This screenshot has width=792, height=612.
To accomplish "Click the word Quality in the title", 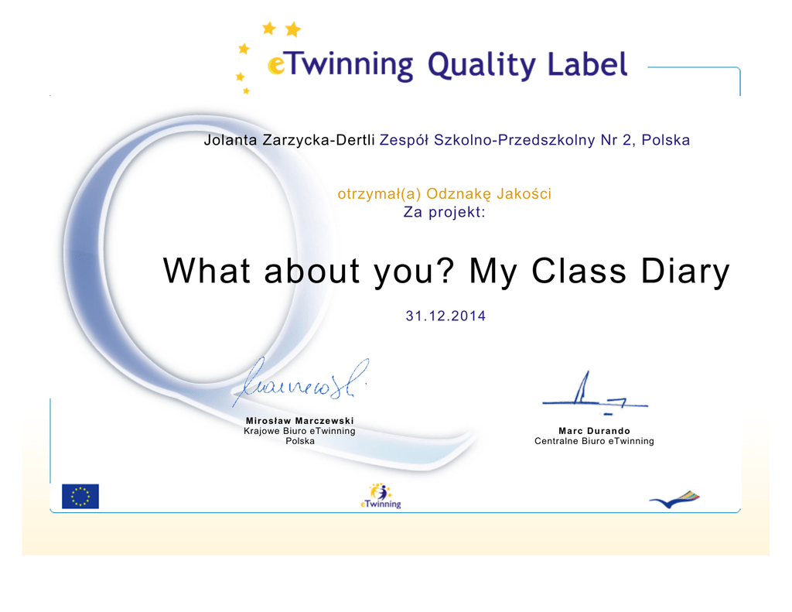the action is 481,67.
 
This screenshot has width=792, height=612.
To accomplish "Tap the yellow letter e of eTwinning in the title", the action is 276,66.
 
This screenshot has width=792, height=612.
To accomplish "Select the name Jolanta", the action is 230,140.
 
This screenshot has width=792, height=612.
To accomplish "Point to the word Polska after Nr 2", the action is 665,140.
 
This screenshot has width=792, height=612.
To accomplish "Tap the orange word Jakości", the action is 524,193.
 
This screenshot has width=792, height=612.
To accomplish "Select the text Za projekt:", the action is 444,212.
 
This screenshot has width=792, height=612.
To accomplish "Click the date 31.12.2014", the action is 445,316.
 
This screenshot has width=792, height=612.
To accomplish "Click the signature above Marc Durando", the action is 595,394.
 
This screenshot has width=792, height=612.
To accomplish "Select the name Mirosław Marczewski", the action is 299,420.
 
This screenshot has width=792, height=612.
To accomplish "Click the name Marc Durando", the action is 594,431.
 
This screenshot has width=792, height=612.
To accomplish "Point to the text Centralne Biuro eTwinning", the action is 594,441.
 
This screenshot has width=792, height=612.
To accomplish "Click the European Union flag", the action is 80,496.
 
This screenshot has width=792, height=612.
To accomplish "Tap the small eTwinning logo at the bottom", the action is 381,496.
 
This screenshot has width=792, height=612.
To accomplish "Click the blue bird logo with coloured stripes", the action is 674,499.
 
